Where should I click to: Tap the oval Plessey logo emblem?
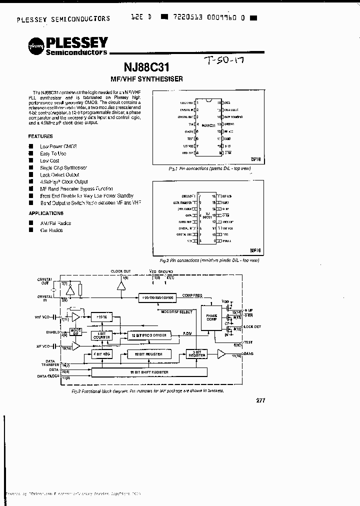pos(35,45)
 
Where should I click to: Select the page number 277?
pos(260,400)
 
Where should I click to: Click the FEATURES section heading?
pos(40,136)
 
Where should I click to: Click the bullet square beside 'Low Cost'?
pos(30,160)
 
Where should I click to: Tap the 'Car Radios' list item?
pos(51,230)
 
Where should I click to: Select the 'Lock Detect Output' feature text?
pos(59,175)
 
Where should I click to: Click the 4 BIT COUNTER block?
pos(101,334)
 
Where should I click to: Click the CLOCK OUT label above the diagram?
pos(120,271)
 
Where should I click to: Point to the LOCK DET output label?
pos(250,326)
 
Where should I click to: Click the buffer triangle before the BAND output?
pos(220,354)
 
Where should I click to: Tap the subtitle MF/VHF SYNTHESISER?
pos(146,78)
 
